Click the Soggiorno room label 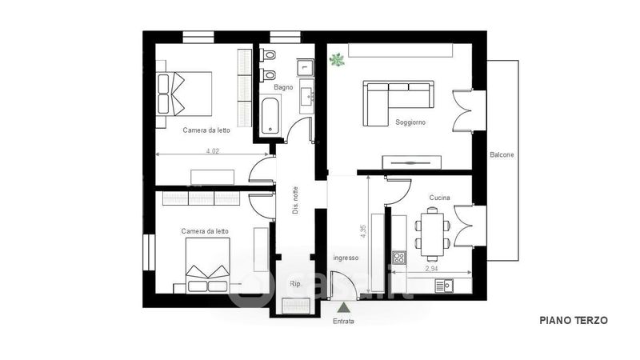click(410, 122)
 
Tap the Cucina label click(439, 198)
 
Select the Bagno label click(283, 87)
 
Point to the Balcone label click(502, 154)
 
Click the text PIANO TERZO click(574, 321)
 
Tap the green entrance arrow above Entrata click(344, 307)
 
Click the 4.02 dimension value click(213, 151)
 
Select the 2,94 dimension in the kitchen click(431, 269)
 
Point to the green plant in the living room click(337, 60)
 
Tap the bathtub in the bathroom click(270, 115)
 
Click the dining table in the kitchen click(432, 235)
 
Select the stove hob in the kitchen click(399, 258)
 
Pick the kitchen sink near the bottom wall click(444, 286)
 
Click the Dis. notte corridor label click(295, 201)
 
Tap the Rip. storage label click(294, 284)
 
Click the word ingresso click(346, 258)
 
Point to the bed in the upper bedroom click(185, 94)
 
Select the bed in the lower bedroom click(208, 265)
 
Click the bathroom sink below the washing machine click(307, 96)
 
